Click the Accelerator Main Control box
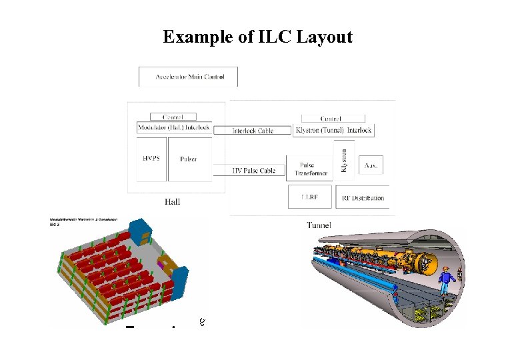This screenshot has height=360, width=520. click(188, 77)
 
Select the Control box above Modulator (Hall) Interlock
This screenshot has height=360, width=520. click(173, 117)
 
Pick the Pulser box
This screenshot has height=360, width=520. click(189, 159)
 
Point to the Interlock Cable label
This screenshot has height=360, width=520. click(253, 131)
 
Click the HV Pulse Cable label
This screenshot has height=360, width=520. click(253, 171)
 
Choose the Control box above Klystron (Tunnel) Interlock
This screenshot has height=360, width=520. click(331, 119)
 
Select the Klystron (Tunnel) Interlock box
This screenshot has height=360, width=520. click(333, 130)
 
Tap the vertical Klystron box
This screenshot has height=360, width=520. click(344, 160)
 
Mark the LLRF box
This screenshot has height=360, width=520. click(309, 197)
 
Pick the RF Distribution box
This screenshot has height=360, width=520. click(363, 197)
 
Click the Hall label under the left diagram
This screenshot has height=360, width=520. click(173, 201)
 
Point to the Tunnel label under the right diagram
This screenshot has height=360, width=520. click(319, 225)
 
